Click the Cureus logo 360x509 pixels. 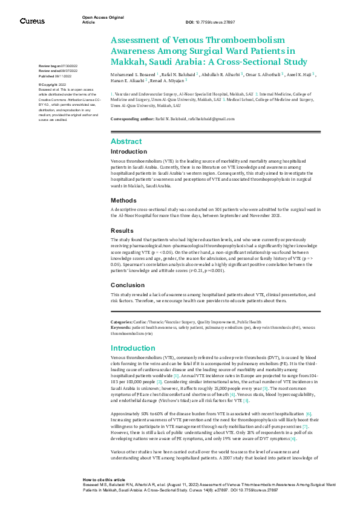[31, 21]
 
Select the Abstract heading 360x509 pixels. [126, 141]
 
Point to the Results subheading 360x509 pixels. [122, 230]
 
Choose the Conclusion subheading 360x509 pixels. [127, 284]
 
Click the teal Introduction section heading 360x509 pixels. [132, 348]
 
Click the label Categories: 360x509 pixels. [122, 322]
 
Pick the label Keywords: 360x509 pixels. [121, 327]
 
